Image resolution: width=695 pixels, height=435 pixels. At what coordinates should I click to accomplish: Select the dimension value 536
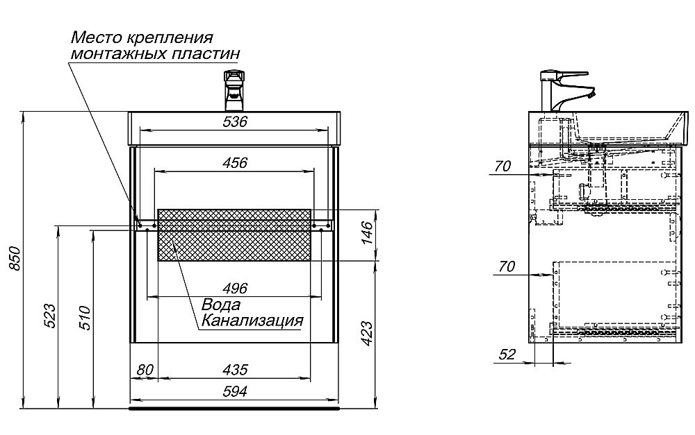[x=235, y=122]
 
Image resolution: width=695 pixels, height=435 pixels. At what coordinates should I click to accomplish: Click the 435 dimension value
[x=235, y=370]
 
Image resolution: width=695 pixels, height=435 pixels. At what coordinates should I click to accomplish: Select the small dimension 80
[x=144, y=370]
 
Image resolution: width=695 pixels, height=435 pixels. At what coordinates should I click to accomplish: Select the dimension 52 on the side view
[x=507, y=355]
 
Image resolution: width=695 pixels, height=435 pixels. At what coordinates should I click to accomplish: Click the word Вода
[x=221, y=305]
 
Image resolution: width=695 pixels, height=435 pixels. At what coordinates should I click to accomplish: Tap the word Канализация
[x=252, y=321]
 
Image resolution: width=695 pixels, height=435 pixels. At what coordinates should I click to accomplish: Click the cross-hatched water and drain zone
[x=235, y=234]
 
